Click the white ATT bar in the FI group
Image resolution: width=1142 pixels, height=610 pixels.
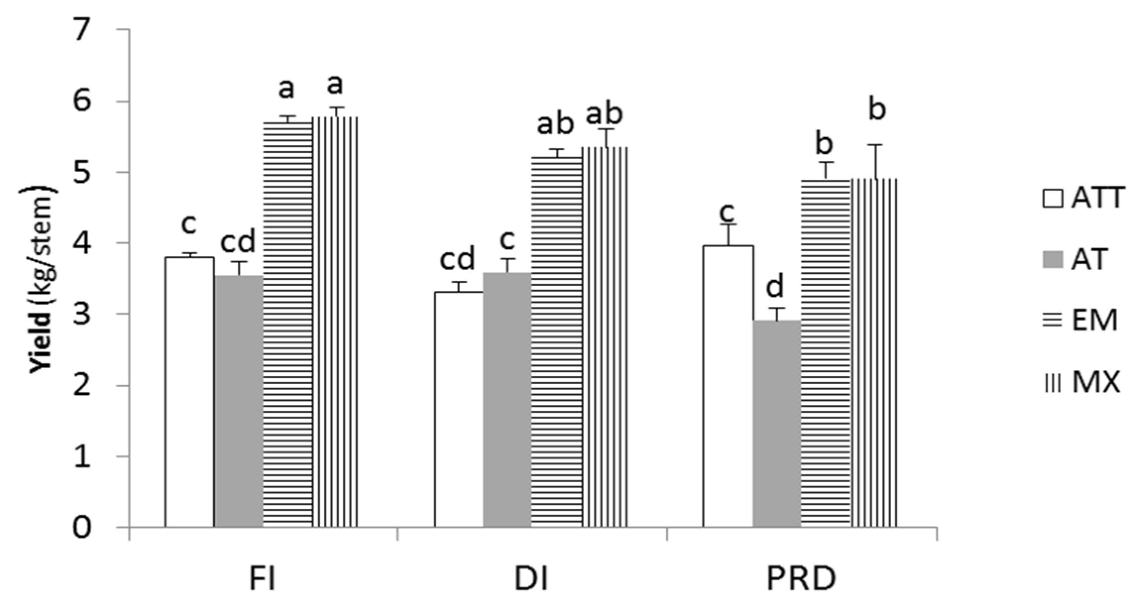click(189, 391)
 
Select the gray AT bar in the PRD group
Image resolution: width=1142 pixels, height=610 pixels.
click(777, 424)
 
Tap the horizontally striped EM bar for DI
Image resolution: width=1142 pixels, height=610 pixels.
click(556, 342)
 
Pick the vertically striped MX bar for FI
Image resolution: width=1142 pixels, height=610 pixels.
click(335, 322)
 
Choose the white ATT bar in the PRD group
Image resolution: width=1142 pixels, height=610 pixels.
click(728, 387)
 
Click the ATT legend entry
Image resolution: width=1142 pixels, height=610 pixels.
click(1084, 199)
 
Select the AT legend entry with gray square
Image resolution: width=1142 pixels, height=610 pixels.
click(1076, 259)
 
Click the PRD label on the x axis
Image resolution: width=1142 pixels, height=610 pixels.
click(801, 579)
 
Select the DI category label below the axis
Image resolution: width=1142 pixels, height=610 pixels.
click(532, 579)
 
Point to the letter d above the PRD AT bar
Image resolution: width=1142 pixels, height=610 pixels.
click(775, 287)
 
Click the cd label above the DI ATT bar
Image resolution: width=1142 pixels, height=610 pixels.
click(457, 259)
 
